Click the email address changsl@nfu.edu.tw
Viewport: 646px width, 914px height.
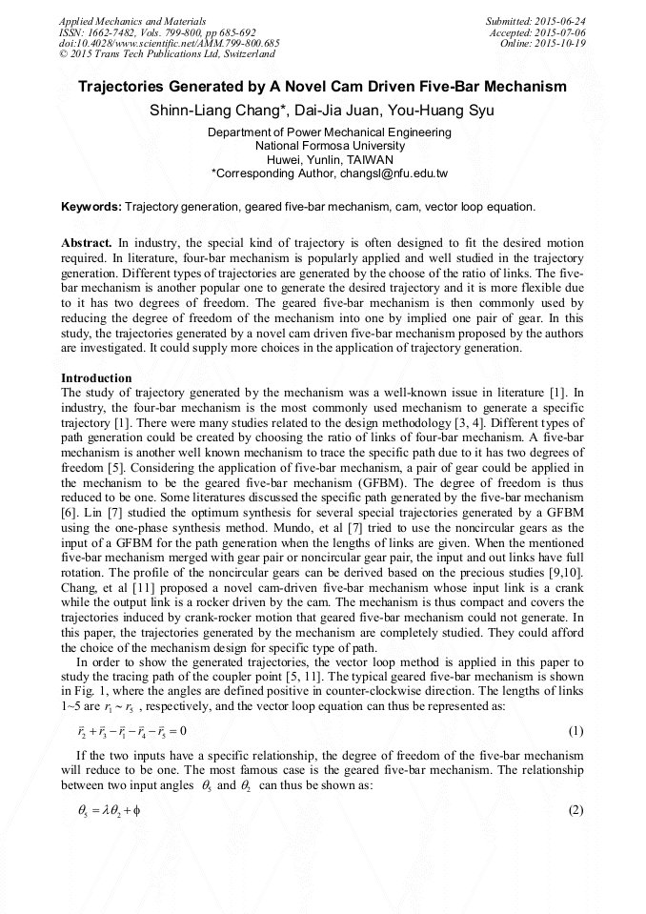pos(380,174)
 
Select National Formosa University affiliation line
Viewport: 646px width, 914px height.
pos(330,146)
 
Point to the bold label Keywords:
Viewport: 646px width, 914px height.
pos(91,206)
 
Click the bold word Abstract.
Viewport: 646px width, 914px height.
pos(87,243)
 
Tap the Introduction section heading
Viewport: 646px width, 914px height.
pos(96,378)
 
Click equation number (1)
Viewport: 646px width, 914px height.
pos(575,731)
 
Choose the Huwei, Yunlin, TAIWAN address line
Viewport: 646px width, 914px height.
pos(330,160)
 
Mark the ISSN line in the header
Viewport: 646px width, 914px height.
pos(156,32)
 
